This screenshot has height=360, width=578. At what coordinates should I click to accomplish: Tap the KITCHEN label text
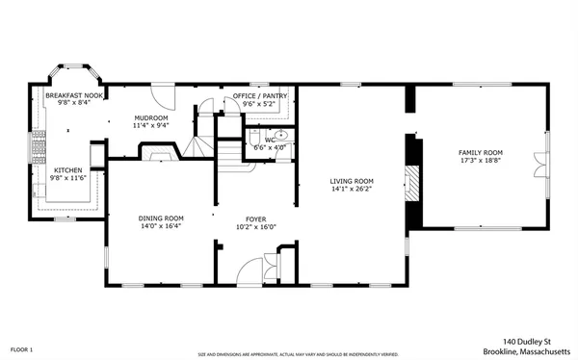[67, 169]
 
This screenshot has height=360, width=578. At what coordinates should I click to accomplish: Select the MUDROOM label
[151, 117]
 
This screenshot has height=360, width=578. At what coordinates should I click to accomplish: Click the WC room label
[270, 140]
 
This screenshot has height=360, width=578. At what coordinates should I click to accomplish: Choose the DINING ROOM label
[161, 219]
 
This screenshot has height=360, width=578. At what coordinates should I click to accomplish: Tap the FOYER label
[256, 219]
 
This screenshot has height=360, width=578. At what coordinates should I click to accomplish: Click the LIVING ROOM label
[352, 181]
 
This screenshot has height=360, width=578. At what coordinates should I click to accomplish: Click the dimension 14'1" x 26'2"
[352, 190]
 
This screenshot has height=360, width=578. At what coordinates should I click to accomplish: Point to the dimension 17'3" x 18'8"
[480, 162]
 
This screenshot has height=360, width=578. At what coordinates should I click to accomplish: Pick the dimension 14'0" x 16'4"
[161, 227]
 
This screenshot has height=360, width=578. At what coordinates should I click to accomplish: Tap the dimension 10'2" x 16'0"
[256, 227]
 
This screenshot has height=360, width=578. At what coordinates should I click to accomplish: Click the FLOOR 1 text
[21, 347]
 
